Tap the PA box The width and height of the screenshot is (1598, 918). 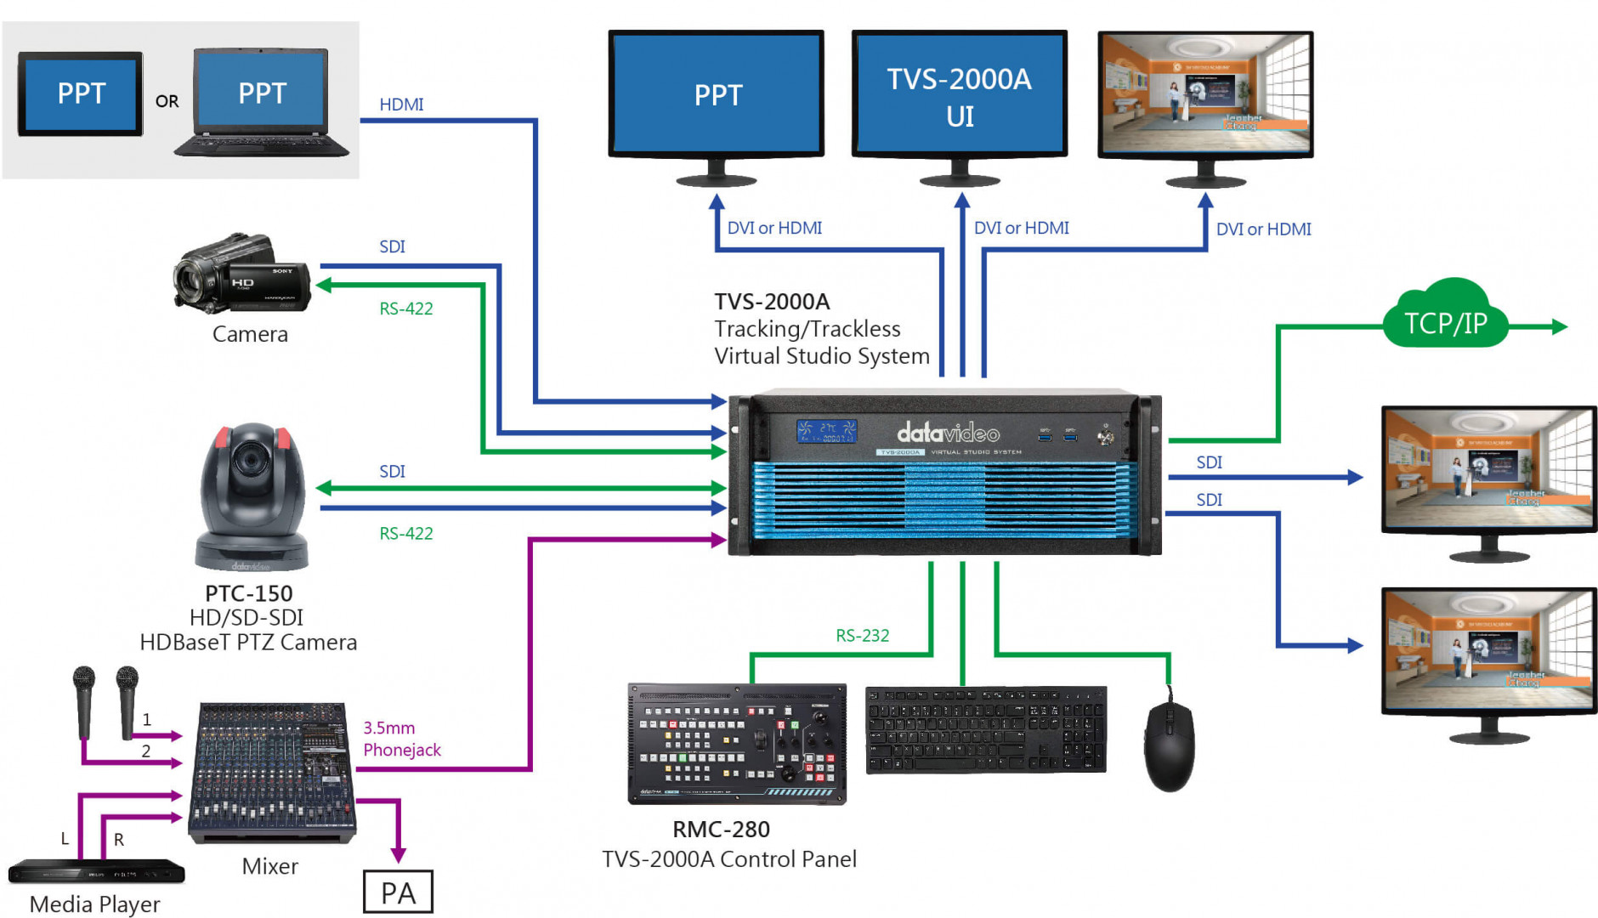(398, 892)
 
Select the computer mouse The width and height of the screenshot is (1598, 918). (1169, 745)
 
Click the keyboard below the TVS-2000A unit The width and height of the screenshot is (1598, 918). (986, 730)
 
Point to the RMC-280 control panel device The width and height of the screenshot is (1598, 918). (737, 744)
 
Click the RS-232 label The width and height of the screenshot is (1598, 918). (862, 636)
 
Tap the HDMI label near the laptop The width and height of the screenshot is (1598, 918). (401, 105)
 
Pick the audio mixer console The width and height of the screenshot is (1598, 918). (272, 771)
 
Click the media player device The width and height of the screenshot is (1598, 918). (96, 872)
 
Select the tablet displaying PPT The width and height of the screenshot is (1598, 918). (81, 93)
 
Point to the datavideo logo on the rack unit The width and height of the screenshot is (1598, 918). (948, 433)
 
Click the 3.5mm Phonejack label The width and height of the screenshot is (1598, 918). (402, 739)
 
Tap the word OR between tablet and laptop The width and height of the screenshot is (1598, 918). (167, 102)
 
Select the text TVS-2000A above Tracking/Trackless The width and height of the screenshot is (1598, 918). (772, 302)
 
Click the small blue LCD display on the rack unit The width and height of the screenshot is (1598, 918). (826, 431)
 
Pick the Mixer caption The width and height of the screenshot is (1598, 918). (269, 866)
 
